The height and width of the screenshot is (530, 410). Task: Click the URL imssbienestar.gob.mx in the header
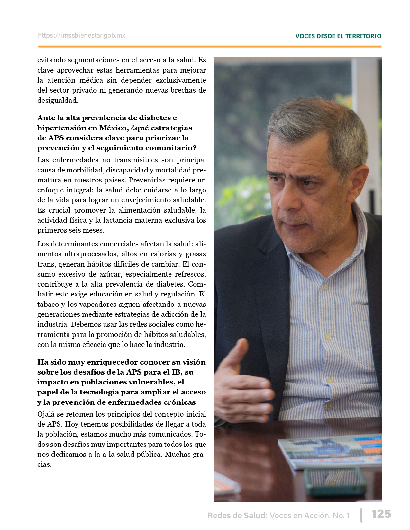pyautogui.click(x=82, y=36)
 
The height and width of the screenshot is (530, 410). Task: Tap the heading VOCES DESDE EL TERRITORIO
pyautogui.click(x=338, y=36)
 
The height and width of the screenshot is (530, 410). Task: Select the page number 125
pyautogui.click(x=381, y=514)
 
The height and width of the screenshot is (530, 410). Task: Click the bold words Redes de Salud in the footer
pyautogui.click(x=237, y=516)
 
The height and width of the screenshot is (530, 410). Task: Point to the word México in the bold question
pyautogui.click(x=114, y=128)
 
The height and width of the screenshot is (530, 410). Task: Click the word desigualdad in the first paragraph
pyautogui.click(x=58, y=101)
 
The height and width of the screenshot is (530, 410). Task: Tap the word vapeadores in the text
pyautogui.click(x=95, y=305)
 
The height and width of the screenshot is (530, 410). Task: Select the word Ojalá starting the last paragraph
pyautogui.click(x=46, y=414)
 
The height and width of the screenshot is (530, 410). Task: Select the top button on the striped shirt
pyautogui.click(x=325, y=287)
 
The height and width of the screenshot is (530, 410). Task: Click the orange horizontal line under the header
pyautogui.click(x=209, y=47)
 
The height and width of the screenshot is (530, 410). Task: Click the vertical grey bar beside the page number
pyautogui.click(x=362, y=515)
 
